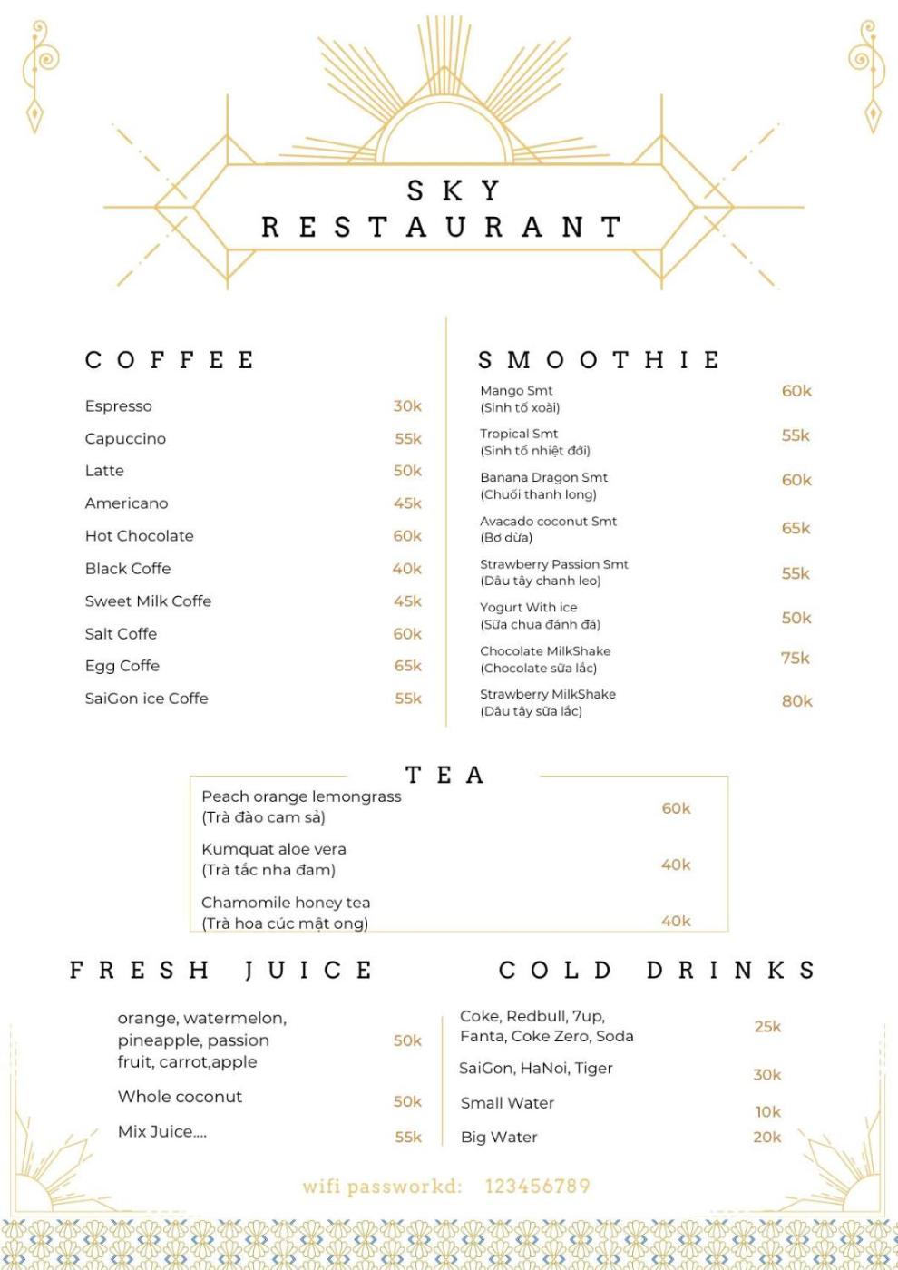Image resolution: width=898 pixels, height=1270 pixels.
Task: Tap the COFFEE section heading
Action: [x=170, y=360]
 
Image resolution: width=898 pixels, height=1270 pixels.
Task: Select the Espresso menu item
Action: [x=119, y=406]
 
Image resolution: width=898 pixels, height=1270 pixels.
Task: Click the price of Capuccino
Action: [x=408, y=439]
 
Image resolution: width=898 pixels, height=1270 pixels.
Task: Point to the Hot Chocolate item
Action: [x=139, y=536]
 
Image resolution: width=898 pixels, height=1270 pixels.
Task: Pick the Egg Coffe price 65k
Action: [x=408, y=666]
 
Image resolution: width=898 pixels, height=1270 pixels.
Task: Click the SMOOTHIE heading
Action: [x=600, y=360]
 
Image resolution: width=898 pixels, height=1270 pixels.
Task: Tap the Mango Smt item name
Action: [x=516, y=391]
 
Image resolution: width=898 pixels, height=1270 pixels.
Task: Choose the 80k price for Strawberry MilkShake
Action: [x=797, y=701]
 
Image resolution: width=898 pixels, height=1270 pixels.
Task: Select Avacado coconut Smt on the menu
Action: [x=548, y=522]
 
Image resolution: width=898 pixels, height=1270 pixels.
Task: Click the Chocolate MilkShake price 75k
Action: [x=796, y=659]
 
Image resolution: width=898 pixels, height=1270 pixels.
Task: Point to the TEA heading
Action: [x=444, y=776]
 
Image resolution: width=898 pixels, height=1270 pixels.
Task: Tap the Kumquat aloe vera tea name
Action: [x=273, y=850]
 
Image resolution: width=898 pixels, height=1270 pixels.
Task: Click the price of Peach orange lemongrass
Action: [x=676, y=808]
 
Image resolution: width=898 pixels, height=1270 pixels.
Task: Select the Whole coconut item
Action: [x=180, y=1097]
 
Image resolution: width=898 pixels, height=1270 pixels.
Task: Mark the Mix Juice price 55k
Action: [x=408, y=1138]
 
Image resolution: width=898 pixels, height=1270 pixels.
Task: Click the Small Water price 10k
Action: [x=768, y=1112]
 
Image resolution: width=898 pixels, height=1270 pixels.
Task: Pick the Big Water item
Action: [x=499, y=1138]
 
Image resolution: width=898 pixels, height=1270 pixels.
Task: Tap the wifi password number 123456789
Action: [x=537, y=1187]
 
